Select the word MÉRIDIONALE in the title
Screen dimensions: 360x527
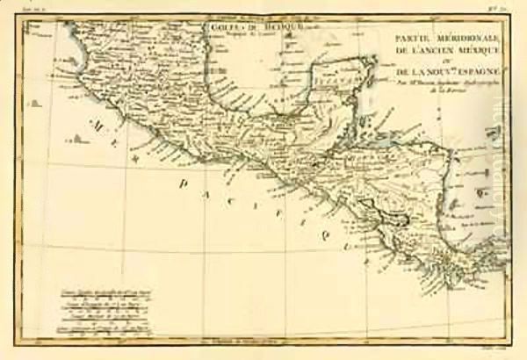coord(458,35)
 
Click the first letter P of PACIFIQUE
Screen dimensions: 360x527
coord(186,181)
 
